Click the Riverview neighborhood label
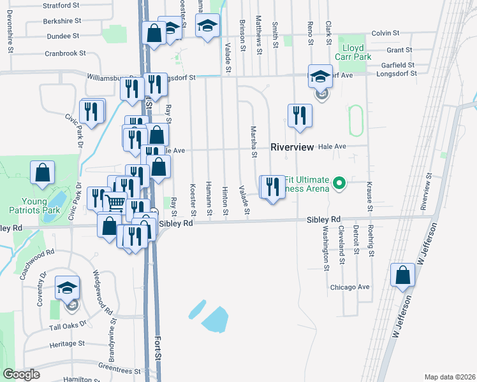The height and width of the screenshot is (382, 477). click(x=292, y=146)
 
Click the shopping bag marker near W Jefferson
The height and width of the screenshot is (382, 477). click(x=402, y=275)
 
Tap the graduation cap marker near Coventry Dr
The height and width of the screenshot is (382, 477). click(x=68, y=288)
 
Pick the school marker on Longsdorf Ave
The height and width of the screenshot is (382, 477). click(x=320, y=77)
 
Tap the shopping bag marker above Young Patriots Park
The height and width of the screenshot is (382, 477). click(x=42, y=173)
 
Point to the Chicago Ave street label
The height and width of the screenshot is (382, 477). click(x=349, y=287)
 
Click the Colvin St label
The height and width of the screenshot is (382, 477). click(x=385, y=32)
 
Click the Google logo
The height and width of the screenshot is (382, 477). click(x=21, y=374)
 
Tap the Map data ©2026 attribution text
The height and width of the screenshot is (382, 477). click(x=449, y=377)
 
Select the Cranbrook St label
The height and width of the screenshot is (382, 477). click(x=66, y=53)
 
